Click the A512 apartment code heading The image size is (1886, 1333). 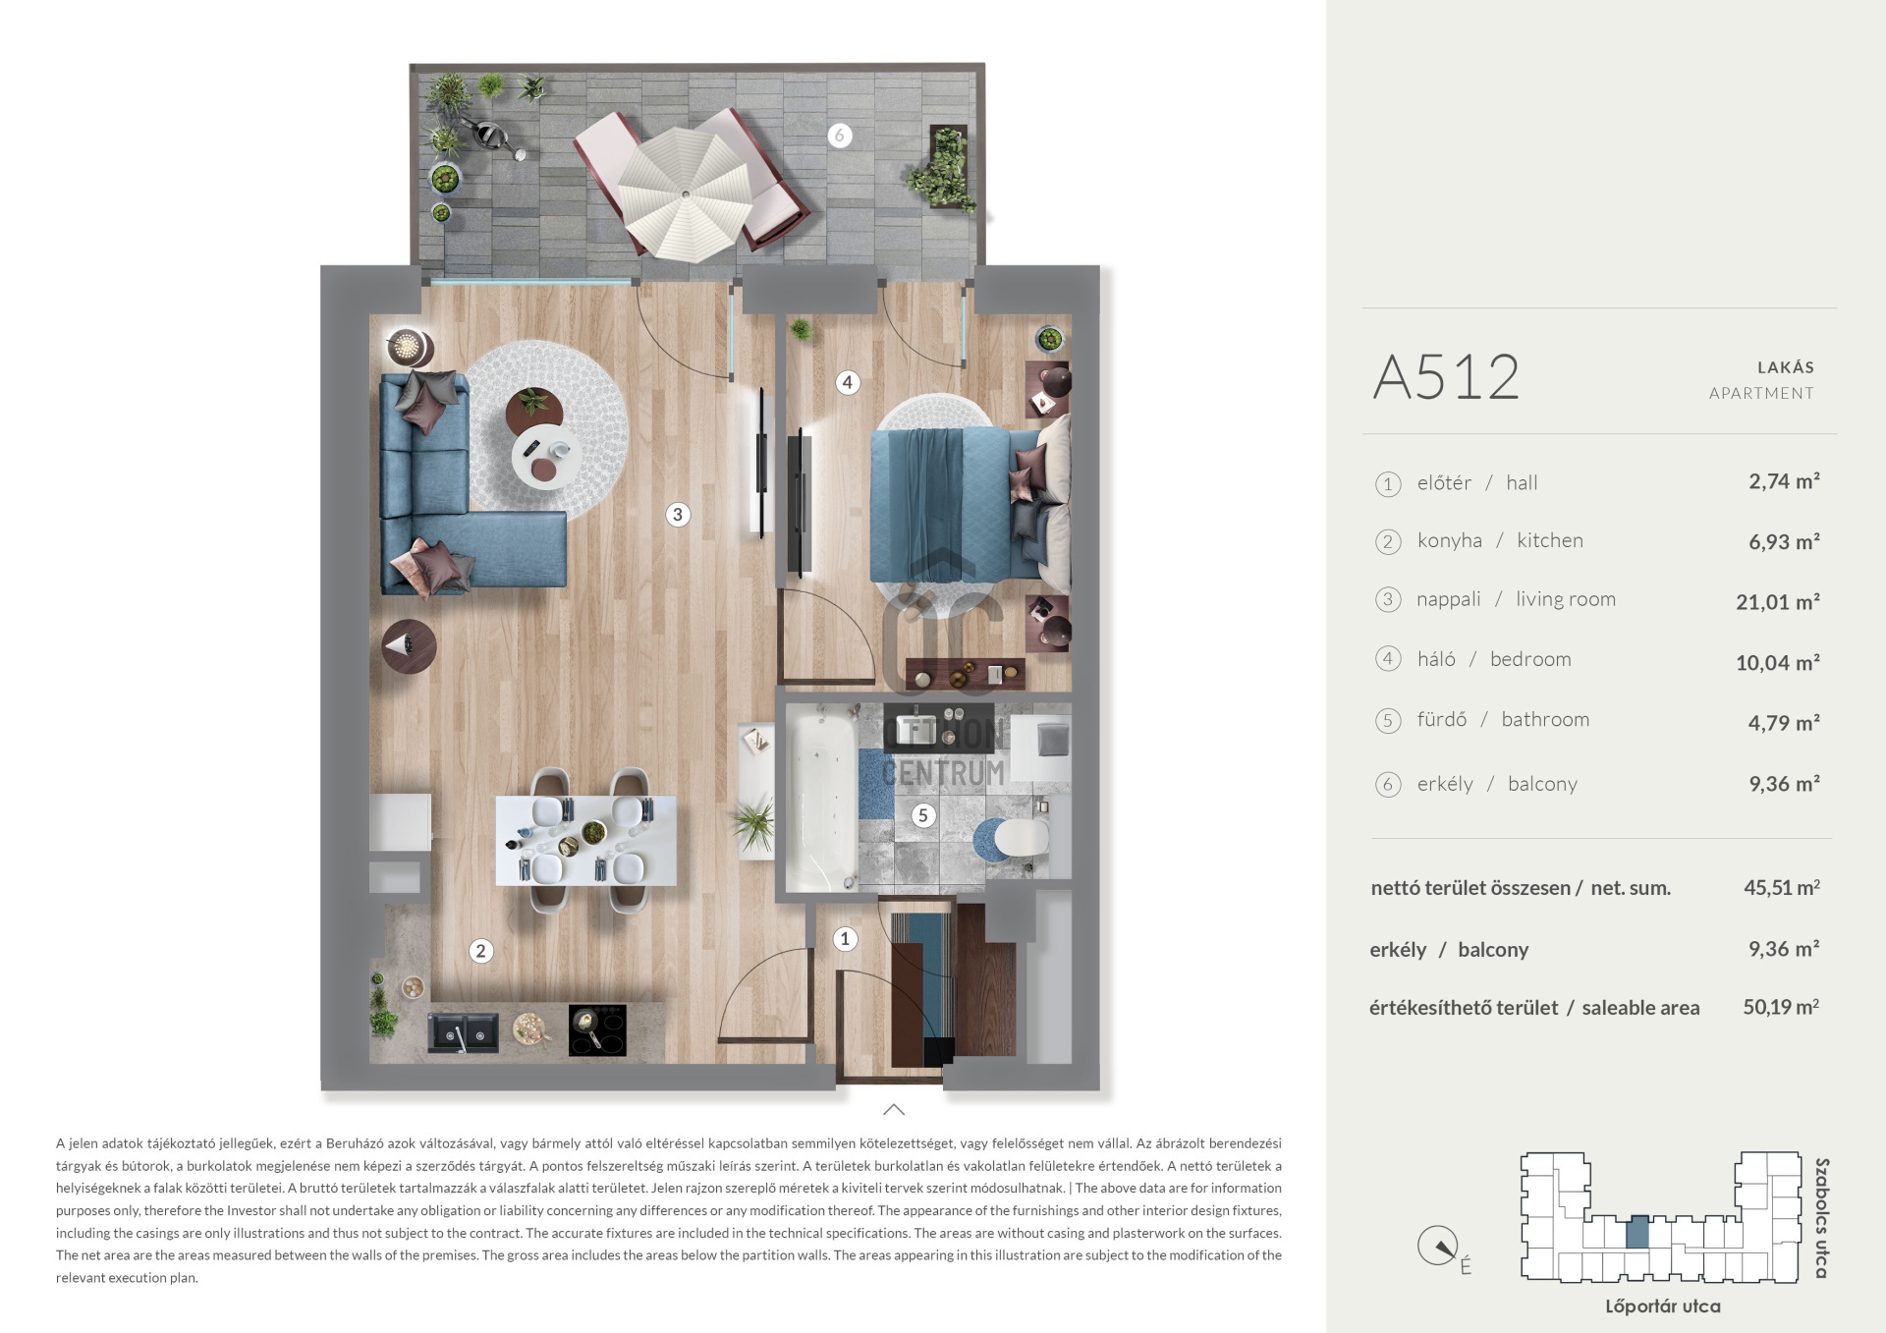pyautogui.click(x=1446, y=377)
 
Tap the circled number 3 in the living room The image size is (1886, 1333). pyautogui.click(x=677, y=514)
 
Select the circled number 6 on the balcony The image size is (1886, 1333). pyautogui.click(x=839, y=136)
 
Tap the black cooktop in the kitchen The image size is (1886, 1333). pyautogui.click(x=597, y=1029)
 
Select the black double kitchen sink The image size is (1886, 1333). pyautogui.click(x=463, y=1033)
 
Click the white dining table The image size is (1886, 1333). pyautogui.click(x=585, y=840)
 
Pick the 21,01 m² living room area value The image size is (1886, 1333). pyautogui.click(x=1777, y=601)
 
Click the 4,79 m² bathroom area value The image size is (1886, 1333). pyautogui.click(x=1783, y=723)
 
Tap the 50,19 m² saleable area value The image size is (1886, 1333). pyautogui.click(x=1780, y=1007)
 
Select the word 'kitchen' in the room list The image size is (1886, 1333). pyautogui.click(x=1549, y=540)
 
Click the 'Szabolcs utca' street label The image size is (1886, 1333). pyautogui.click(x=1821, y=1218)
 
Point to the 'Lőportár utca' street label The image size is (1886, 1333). pyautogui.click(x=1662, y=1306)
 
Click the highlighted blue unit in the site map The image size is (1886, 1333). pyautogui.click(x=1636, y=1232)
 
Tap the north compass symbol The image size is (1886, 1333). pyautogui.click(x=1438, y=1247)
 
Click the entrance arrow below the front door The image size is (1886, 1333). pyautogui.click(x=894, y=1110)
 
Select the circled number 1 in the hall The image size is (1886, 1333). pyautogui.click(x=845, y=939)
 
